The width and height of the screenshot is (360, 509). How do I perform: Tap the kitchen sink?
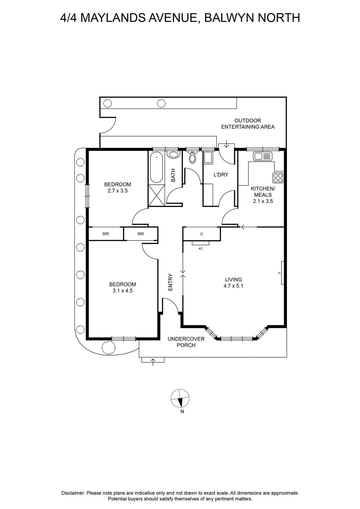point(263,156)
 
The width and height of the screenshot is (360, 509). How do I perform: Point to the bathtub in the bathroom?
point(156,168)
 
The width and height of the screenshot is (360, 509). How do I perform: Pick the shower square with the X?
point(156,195)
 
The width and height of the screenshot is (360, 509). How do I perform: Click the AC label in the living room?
point(201,248)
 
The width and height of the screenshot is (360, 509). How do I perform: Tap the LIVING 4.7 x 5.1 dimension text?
point(233,283)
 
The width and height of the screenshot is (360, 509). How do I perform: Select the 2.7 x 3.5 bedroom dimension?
point(118,191)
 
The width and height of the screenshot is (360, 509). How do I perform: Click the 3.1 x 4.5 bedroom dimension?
point(122,291)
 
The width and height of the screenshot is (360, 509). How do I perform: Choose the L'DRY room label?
point(221,175)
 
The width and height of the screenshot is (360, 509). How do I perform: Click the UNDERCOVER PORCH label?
point(186,342)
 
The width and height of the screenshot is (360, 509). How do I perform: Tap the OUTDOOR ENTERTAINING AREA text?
point(248,124)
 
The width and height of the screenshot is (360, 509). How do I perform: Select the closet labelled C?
point(201,234)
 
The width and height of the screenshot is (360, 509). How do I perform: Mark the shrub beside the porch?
point(108,348)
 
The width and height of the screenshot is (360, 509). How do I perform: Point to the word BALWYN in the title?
point(229,18)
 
